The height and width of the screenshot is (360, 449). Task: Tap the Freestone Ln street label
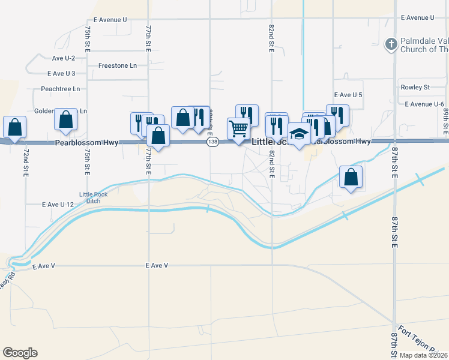pos(117,65)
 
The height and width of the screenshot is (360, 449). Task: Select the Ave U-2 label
pos(63,58)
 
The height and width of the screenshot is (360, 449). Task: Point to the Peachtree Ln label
pos(61,89)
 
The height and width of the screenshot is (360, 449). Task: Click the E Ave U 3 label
pos(61,73)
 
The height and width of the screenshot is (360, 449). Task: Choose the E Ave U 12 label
pos(58,205)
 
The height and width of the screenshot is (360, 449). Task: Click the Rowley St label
pos(415,87)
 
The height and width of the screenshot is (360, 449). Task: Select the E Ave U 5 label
pos(348,95)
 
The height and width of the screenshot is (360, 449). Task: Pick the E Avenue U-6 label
pos(426,104)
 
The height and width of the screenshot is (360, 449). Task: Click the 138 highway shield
pos(212,142)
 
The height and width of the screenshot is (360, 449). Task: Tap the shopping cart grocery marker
pos(238,128)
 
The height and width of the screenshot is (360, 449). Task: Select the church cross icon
pos(390,44)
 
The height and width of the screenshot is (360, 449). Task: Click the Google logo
pos(20,353)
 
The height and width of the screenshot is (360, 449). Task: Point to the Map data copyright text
pos(423,355)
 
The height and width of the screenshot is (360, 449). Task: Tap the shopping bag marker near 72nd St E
pos(14,127)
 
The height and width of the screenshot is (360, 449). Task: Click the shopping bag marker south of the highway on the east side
pos(351,177)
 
